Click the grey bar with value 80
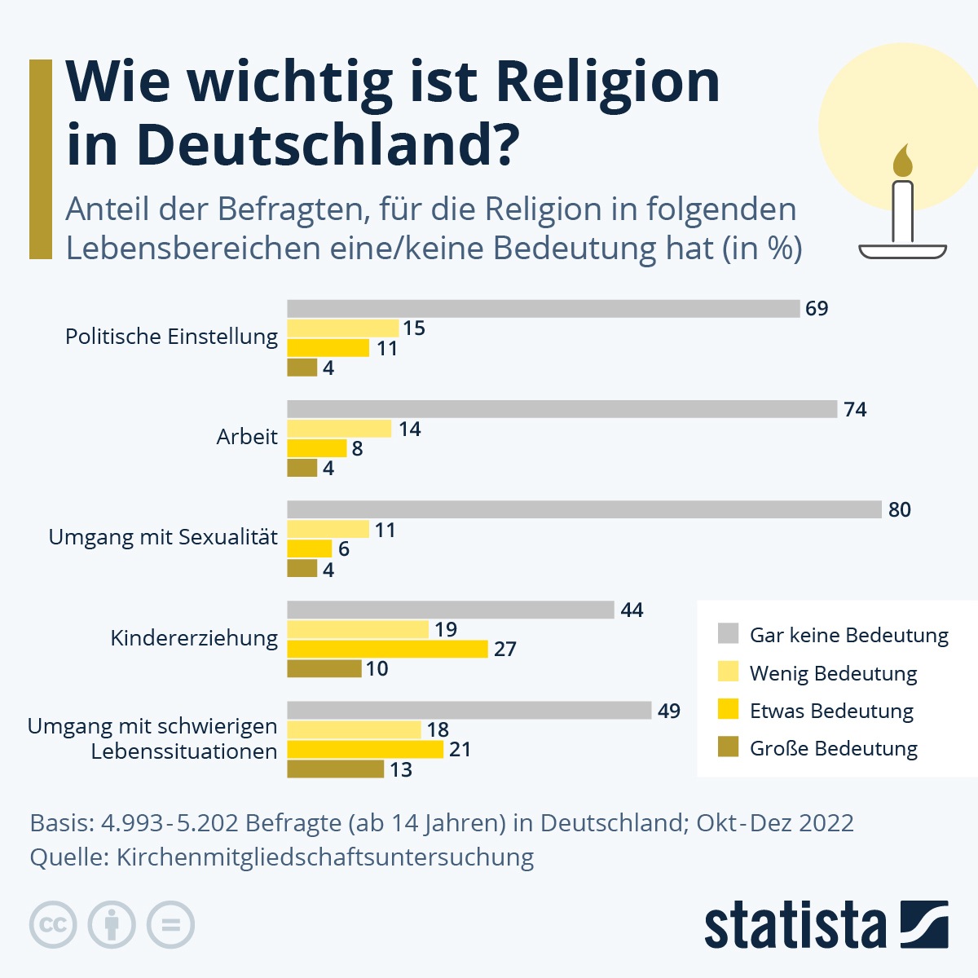[x=584, y=509]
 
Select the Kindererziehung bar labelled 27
[x=387, y=649]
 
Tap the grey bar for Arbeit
[x=562, y=409]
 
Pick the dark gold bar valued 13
[x=335, y=769]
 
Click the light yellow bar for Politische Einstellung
[x=342, y=328]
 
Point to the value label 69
[x=817, y=309]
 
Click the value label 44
[x=632, y=610]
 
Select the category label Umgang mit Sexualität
[x=163, y=537]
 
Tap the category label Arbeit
[x=247, y=437]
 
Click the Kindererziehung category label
[x=194, y=638]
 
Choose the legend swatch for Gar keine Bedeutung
[x=728, y=634]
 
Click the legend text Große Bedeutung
[x=833, y=748]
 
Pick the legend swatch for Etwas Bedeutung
[x=728, y=710]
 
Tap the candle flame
[x=902, y=162]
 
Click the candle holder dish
[x=902, y=250]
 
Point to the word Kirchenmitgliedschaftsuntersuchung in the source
[x=325, y=857]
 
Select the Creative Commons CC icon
[x=53, y=925]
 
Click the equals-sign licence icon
[x=170, y=925]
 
